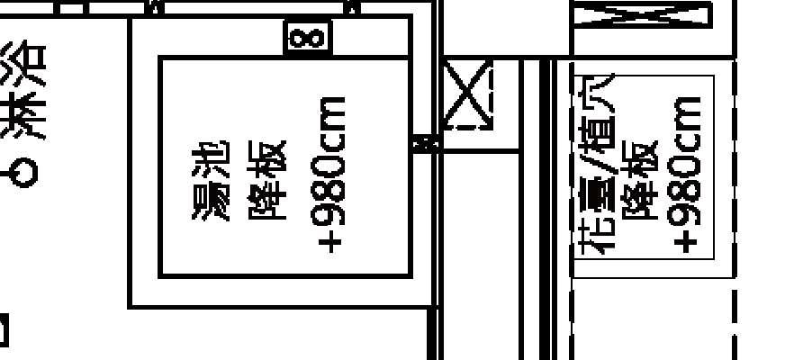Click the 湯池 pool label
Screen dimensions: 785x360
pos(211,180)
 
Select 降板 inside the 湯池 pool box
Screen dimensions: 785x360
pos(267,180)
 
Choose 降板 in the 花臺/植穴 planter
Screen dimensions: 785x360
pos(644,171)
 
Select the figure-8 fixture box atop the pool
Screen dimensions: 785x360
pos(308,38)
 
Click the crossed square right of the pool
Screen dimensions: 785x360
pos(468,94)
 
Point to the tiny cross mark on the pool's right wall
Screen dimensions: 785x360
pos(424,142)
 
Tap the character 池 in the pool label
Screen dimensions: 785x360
pos(211,158)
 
